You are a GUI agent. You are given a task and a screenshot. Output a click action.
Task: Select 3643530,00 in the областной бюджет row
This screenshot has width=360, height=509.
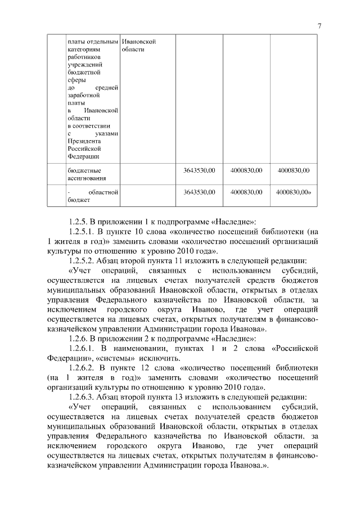[x=200, y=192]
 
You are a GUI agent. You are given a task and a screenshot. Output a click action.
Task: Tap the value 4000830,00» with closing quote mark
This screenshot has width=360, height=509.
[x=294, y=192]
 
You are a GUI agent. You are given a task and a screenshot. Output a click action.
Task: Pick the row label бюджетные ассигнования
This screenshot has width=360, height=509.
[x=83, y=173]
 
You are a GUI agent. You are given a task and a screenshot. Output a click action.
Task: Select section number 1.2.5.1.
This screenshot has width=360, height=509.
[x=83, y=231]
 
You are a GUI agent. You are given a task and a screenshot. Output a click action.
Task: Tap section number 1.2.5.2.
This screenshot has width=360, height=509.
[x=83, y=261]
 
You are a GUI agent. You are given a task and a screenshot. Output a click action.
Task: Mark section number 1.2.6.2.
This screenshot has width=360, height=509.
[x=83, y=368]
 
